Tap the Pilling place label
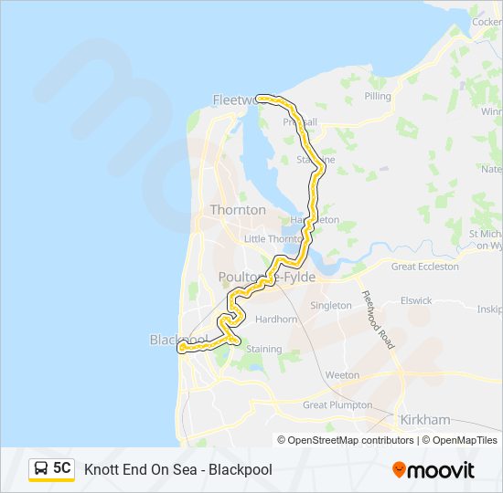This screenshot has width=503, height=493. tap(377, 96)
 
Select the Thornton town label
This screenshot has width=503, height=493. tap(238, 210)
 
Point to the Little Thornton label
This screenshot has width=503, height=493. tap(272, 239)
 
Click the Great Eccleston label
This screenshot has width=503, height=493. tap(424, 267)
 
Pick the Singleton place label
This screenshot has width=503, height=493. tap(331, 305)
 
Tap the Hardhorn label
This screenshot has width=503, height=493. tap(276, 320)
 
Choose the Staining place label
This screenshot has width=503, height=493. tap(263, 349)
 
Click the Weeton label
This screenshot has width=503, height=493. tap(343, 375)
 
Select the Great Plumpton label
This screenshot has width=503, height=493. tap(337, 404)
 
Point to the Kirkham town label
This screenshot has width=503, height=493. tap(425, 419)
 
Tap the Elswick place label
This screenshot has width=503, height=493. tap(415, 299)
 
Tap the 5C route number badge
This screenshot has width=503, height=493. tap(62, 468)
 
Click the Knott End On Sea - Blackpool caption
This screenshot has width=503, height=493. tap(178, 469)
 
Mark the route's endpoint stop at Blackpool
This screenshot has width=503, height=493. tap(182, 348)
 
